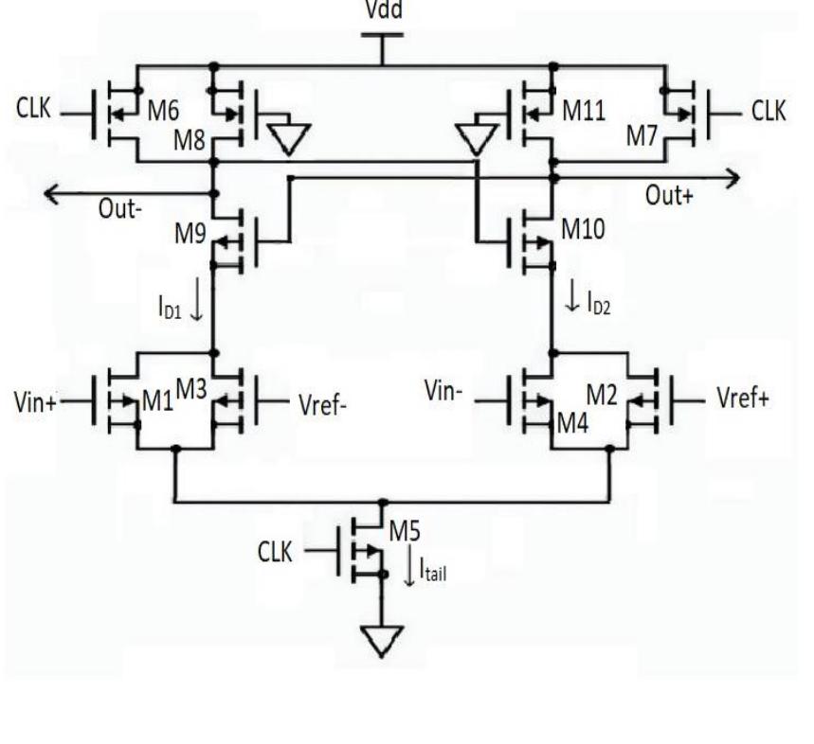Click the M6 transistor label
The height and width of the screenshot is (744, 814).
164,111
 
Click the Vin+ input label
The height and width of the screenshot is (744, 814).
36,401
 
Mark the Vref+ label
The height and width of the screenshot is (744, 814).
740,398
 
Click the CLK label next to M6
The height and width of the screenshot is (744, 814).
34,110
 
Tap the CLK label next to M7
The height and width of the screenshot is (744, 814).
768,111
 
